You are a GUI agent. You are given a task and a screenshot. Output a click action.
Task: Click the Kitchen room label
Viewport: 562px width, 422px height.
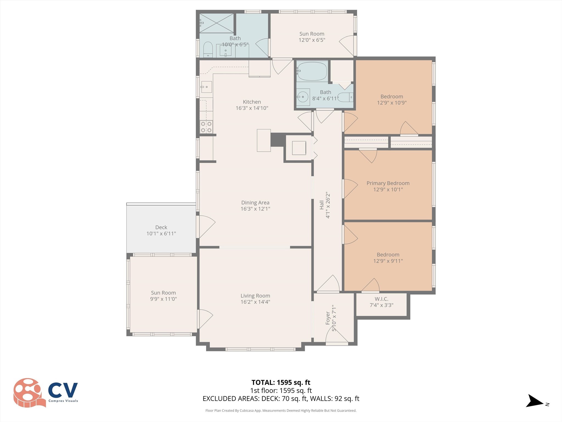click(252, 102)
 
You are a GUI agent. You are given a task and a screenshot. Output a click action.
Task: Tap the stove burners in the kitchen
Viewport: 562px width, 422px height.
click(206, 127)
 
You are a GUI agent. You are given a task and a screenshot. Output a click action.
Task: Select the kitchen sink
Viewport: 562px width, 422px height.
click(206, 87)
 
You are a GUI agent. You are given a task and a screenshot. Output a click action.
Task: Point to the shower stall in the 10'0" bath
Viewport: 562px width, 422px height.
click(217, 23)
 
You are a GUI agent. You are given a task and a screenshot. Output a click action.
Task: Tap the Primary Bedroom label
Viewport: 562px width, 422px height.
click(388, 183)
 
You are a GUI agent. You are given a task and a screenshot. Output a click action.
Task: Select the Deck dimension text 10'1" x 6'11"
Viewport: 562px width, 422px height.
click(161, 234)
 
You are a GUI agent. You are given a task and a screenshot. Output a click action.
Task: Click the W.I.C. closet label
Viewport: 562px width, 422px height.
click(381, 299)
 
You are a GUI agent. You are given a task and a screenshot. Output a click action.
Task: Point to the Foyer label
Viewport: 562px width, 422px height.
click(328, 318)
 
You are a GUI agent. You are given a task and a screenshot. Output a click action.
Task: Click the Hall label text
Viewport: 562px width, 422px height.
click(322, 205)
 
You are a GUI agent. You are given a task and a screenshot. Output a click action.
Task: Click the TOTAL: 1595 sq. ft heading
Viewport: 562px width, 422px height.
click(281, 382)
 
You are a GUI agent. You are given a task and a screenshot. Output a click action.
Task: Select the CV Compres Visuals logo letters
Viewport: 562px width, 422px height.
click(63, 390)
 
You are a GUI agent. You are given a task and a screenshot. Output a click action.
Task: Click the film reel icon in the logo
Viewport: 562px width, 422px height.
click(29, 393)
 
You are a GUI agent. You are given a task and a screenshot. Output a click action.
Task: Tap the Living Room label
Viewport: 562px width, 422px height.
click(255, 296)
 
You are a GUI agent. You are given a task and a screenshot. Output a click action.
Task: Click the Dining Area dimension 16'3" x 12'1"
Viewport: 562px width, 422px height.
click(255, 209)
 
